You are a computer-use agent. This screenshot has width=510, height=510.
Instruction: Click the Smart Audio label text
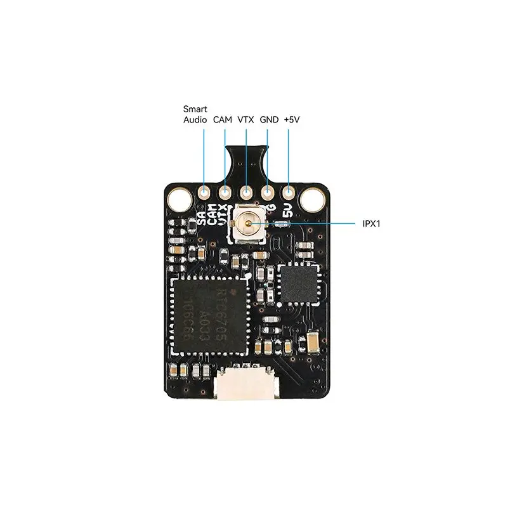tap(195, 114)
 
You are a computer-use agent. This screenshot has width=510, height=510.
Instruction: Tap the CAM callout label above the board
tap(222, 119)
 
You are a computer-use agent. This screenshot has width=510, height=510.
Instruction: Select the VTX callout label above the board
tap(245, 119)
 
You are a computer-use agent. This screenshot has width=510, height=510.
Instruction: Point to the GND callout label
tap(269, 119)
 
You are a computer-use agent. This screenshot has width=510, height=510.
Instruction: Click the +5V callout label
tap(291, 119)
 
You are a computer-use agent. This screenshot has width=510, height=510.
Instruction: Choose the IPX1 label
tap(372, 223)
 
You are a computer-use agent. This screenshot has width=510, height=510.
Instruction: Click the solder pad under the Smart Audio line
tap(204, 190)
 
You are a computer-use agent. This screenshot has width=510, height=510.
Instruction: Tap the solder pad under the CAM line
tap(225, 190)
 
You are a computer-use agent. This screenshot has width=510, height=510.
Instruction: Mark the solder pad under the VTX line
tap(247, 190)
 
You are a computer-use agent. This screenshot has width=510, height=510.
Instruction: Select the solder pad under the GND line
tap(268, 190)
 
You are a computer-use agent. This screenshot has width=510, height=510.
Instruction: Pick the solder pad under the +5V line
tap(289, 190)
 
